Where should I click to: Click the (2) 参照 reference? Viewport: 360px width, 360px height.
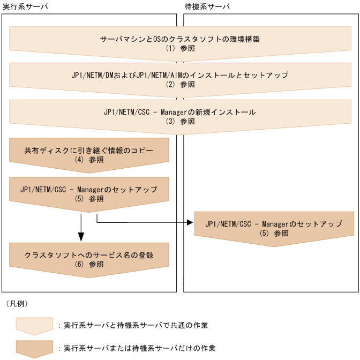pos(180,84)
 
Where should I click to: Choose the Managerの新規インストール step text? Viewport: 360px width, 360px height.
pos(180,112)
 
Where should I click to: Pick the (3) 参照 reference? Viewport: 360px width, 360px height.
pos(180,121)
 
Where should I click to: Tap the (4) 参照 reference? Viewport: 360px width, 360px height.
pos(89,159)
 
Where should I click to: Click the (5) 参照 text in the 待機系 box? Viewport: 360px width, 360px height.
pos(274,234)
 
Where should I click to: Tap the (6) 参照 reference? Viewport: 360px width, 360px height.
pos(89,265)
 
